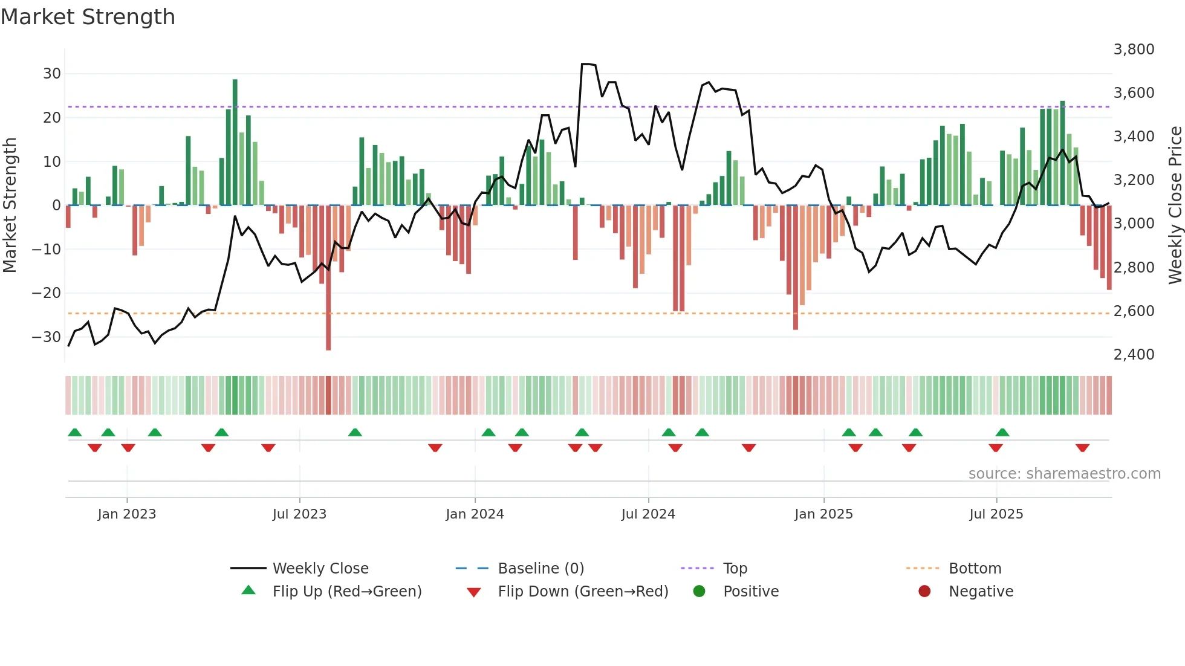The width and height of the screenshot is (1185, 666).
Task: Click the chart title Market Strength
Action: coord(88,17)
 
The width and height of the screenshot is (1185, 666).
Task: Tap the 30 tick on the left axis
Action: coord(52,74)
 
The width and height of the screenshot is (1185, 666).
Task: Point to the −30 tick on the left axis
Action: coord(47,337)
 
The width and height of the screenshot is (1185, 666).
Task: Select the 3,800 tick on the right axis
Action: coord(1134,50)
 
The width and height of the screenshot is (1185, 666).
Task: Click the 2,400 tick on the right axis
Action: coord(1134,355)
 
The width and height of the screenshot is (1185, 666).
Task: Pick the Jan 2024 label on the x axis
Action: coord(475,514)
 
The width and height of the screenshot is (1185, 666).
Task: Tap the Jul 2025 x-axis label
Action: coord(996,514)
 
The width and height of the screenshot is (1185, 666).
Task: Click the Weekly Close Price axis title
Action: coord(1175,205)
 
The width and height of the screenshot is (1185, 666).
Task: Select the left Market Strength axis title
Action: coord(10,205)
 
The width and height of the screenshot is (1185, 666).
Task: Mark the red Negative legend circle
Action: coord(924,592)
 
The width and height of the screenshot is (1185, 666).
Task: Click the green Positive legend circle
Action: coord(700,592)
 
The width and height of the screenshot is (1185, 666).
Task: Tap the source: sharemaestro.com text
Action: coord(1064,474)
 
